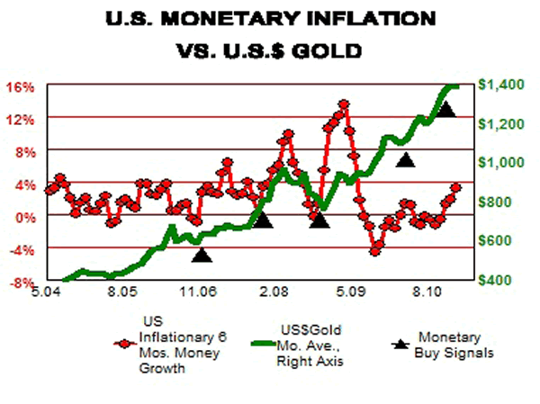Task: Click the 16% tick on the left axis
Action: tap(22, 86)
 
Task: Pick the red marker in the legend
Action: tap(126, 343)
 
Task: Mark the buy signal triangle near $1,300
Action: tap(445, 111)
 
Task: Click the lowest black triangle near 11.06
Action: tap(202, 255)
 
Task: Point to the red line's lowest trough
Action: tap(376, 251)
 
